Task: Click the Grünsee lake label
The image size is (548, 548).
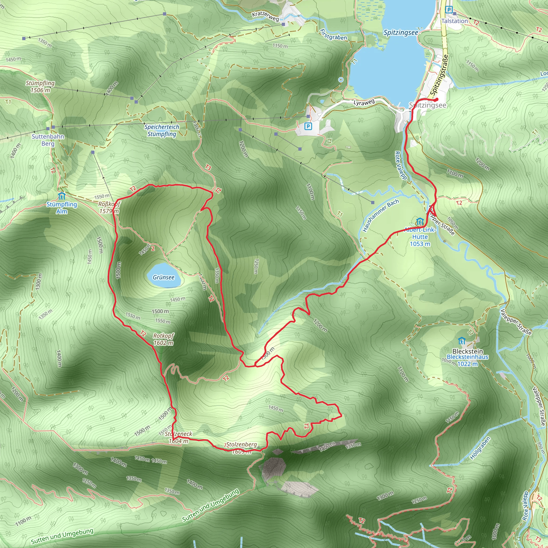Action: (163, 277)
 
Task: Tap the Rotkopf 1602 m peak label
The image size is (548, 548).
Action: (163, 339)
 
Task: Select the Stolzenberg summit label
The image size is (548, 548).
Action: (241, 444)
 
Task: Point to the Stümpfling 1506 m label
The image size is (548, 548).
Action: (40, 86)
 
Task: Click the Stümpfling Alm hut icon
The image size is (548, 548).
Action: (62, 196)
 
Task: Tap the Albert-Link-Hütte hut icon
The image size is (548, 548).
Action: (420, 222)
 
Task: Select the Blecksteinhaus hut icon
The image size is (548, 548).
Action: (462, 340)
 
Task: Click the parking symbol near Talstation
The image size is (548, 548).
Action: (449, 10)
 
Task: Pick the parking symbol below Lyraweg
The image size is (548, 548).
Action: (308, 126)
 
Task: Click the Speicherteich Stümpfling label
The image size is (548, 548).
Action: (162, 130)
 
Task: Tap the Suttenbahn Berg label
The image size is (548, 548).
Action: (48, 140)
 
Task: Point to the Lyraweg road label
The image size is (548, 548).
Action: (364, 102)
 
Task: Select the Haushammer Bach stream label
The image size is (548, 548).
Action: (381, 215)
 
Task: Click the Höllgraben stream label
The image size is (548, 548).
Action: (480, 448)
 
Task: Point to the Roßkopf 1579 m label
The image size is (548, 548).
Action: (109, 207)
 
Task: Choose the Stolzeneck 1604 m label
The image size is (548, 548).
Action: (178, 437)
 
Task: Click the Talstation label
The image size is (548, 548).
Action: (455, 21)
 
